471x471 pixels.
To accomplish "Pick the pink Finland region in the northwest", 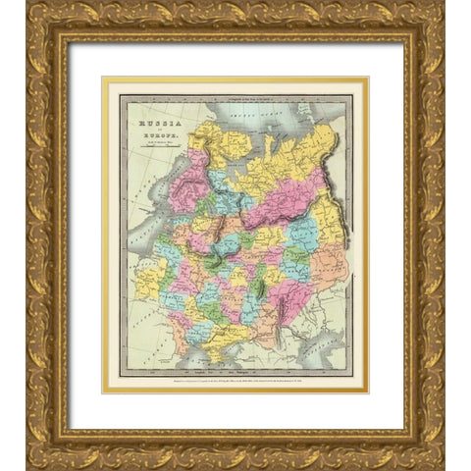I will [x=185, y=182].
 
